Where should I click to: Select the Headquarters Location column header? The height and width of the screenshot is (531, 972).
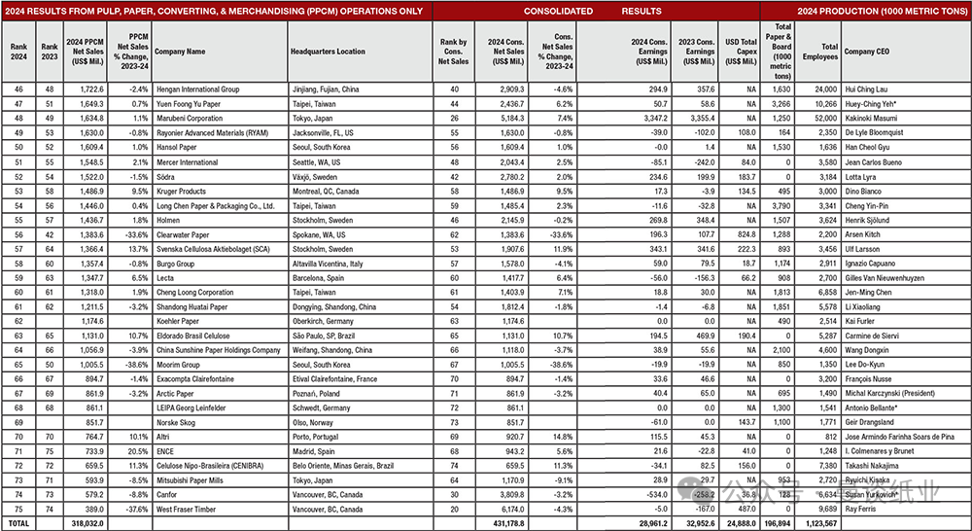325,52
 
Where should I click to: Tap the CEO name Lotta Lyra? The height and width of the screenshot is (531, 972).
860,177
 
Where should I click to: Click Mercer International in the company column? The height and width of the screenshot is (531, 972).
187,162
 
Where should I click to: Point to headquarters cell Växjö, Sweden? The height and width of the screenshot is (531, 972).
314,177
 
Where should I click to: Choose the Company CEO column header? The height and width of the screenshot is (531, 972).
870,52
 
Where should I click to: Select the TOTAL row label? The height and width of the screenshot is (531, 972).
19,523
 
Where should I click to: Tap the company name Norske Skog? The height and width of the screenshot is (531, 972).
178,422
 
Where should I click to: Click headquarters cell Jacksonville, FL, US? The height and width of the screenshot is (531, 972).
327,133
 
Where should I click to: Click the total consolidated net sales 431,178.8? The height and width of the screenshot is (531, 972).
504,523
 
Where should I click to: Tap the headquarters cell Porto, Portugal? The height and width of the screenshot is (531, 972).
314,437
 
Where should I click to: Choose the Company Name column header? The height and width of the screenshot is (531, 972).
180,52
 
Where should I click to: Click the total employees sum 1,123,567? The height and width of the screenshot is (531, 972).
822,523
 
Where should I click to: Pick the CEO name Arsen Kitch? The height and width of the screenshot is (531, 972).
861,235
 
